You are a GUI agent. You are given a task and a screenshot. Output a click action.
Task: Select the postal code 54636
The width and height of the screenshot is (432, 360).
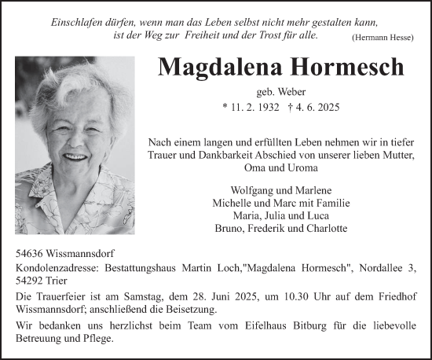(x=31, y=255)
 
